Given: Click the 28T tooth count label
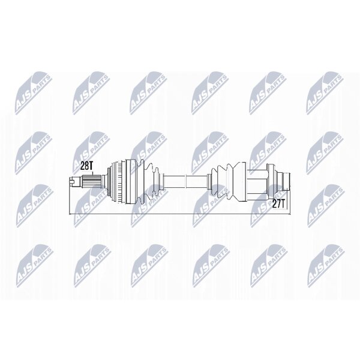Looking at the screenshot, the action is click(x=86, y=166).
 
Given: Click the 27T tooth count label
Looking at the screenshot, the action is click(x=278, y=203).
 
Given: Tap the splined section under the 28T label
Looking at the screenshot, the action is click(x=92, y=181).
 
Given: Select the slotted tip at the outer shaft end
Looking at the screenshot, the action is click(x=73, y=181).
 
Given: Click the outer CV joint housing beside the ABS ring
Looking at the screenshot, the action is click(x=132, y=181).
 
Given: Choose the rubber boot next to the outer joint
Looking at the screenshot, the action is click(x=149, y=181).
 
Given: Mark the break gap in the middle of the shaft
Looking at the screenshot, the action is click(x=186, y=181).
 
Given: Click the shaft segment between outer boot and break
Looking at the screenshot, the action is click(x=174, y=181).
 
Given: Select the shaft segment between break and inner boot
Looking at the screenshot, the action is click(x=197, y=181).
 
